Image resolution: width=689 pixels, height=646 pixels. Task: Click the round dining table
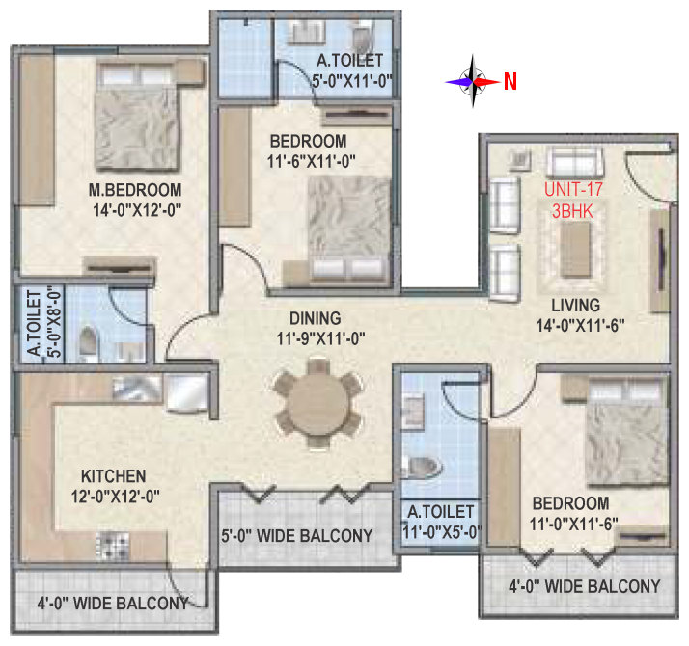pos(317,404)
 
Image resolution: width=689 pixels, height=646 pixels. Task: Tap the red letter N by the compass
pos(510,82)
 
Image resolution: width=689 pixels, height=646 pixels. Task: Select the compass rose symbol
pos(473,81)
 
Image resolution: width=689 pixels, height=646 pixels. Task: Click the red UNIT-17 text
pos(573,189)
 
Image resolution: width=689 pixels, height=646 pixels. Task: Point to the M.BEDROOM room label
pos(135,190)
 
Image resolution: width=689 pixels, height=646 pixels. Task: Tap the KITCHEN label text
pos(113,476)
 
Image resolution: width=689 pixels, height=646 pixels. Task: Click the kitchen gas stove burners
pos(113,545)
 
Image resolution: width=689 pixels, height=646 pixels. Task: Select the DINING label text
pos(315,318)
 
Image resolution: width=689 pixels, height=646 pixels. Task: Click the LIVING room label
pos(576,306)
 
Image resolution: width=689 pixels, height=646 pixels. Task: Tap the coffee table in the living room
pos(576,249)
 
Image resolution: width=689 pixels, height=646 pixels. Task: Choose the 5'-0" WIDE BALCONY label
pos(296,536)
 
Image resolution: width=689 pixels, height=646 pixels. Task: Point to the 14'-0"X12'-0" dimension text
pos(137,210)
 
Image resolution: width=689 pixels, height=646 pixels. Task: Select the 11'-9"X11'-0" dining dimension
pos(320,338)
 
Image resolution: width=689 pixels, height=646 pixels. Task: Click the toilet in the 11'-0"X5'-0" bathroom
pos(421,467)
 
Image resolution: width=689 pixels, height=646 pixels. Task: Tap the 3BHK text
pos(572,212)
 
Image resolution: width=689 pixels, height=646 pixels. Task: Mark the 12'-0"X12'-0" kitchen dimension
pos(116,497)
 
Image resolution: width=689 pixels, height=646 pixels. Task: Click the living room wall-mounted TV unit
pos(661,259)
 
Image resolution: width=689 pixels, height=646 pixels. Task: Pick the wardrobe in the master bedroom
pos(37,129)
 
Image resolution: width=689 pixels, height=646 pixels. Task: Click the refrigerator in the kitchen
pos(187,392)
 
